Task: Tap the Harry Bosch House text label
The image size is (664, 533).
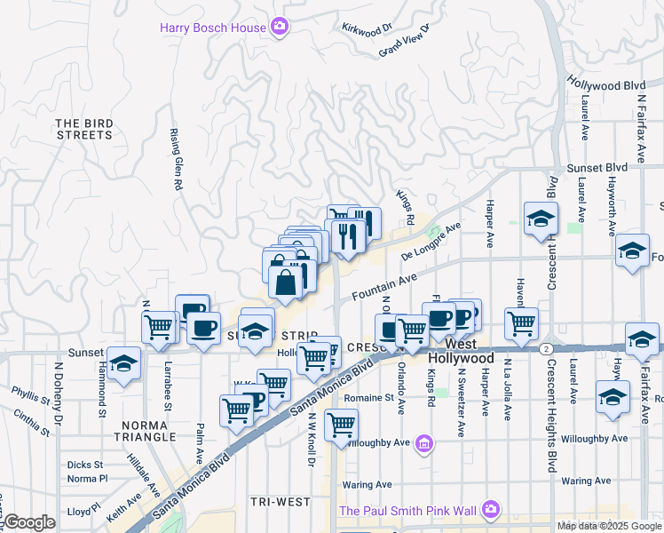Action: click(213, 28)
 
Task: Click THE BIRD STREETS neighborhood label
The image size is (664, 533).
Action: click(84, 129)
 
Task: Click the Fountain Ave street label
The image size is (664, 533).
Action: click(383, 286)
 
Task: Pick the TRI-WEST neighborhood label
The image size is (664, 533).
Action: click(280, 502)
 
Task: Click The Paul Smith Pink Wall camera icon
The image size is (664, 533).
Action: click(490, 510)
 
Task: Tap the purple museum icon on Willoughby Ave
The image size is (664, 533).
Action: click(425, 442)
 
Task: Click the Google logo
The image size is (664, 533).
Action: click(29, 522)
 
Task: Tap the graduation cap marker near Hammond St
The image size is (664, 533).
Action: click(124, 363)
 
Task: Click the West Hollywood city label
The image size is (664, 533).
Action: click(461, 350)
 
